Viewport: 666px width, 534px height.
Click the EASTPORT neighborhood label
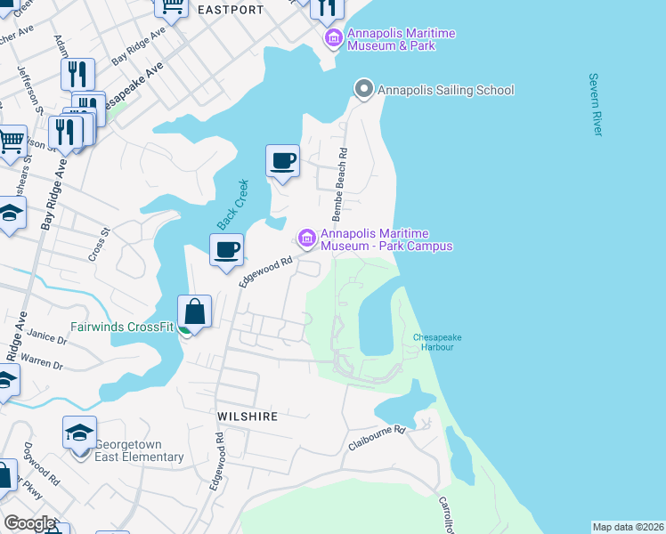[x=231, y=10]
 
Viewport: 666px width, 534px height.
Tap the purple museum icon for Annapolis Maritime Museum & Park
[x=334, y=38]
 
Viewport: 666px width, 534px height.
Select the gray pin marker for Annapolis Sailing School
[x=363, y=89]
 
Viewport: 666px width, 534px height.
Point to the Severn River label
[x=596, y=104]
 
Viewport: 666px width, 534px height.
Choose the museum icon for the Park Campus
[x=307, y=239]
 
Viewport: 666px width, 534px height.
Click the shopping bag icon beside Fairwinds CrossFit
[x=194, y=312]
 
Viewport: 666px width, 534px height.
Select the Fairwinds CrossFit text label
[x=122, y=327]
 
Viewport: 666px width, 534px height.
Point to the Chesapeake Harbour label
[x=434, y=341]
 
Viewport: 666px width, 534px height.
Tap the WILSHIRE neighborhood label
[x=248, y=416]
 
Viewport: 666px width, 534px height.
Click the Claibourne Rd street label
[x=377, y=438]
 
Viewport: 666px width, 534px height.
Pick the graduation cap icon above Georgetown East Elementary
[x=79, y=433]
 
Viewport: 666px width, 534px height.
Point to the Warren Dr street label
[x=45, y=364]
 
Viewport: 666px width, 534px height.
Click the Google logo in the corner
[x=29, y=523]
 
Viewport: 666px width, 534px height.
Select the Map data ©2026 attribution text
[x=628, y=527]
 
